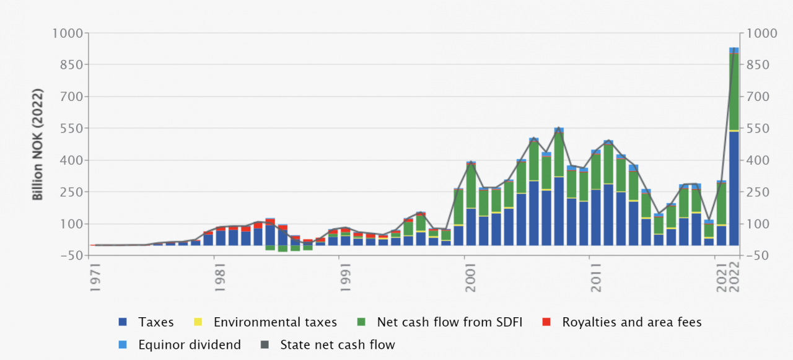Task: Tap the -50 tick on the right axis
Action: (x=760, y=255)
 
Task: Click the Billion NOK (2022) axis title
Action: (x=38, y=144)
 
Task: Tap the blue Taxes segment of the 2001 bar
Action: (x=471, y=227)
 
